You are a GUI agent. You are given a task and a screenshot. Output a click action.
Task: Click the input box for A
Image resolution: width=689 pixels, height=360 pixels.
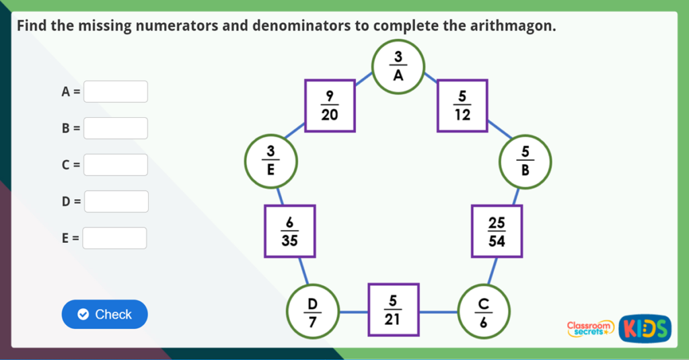pos(115,92)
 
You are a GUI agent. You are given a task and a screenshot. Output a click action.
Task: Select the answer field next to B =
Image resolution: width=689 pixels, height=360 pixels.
pos(115,128)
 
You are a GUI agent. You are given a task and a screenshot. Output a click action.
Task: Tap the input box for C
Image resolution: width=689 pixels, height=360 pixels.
pos(115,165)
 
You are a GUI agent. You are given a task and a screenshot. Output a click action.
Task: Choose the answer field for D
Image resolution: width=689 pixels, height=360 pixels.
pos(115,201)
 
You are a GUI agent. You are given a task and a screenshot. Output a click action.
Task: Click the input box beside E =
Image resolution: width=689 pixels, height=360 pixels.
pos(115,238)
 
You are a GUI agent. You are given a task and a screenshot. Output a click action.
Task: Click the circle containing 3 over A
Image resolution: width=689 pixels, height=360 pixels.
pos(398,66)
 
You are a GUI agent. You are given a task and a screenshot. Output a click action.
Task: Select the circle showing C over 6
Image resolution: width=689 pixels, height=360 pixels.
pos(483,312)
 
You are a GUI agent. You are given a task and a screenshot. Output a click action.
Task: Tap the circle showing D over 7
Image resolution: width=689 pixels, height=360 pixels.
pos(312,312)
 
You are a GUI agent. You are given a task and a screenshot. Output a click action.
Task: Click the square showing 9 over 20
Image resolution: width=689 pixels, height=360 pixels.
pos(329,106)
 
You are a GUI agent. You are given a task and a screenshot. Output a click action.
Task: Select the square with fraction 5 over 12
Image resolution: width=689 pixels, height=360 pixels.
pos(462,106)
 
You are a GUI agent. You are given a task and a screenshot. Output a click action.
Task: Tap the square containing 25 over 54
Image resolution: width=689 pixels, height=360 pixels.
pos(497,231)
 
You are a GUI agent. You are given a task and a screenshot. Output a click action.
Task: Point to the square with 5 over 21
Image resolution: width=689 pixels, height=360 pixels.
pos(393,310)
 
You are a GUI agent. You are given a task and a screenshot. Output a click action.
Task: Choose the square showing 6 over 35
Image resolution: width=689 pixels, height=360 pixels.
pos(289,231)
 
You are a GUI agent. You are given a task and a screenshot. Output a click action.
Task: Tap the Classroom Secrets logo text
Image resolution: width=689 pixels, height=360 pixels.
pos(590,328)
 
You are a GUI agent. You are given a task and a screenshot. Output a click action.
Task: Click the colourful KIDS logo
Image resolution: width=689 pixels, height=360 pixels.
pos(644,328)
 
